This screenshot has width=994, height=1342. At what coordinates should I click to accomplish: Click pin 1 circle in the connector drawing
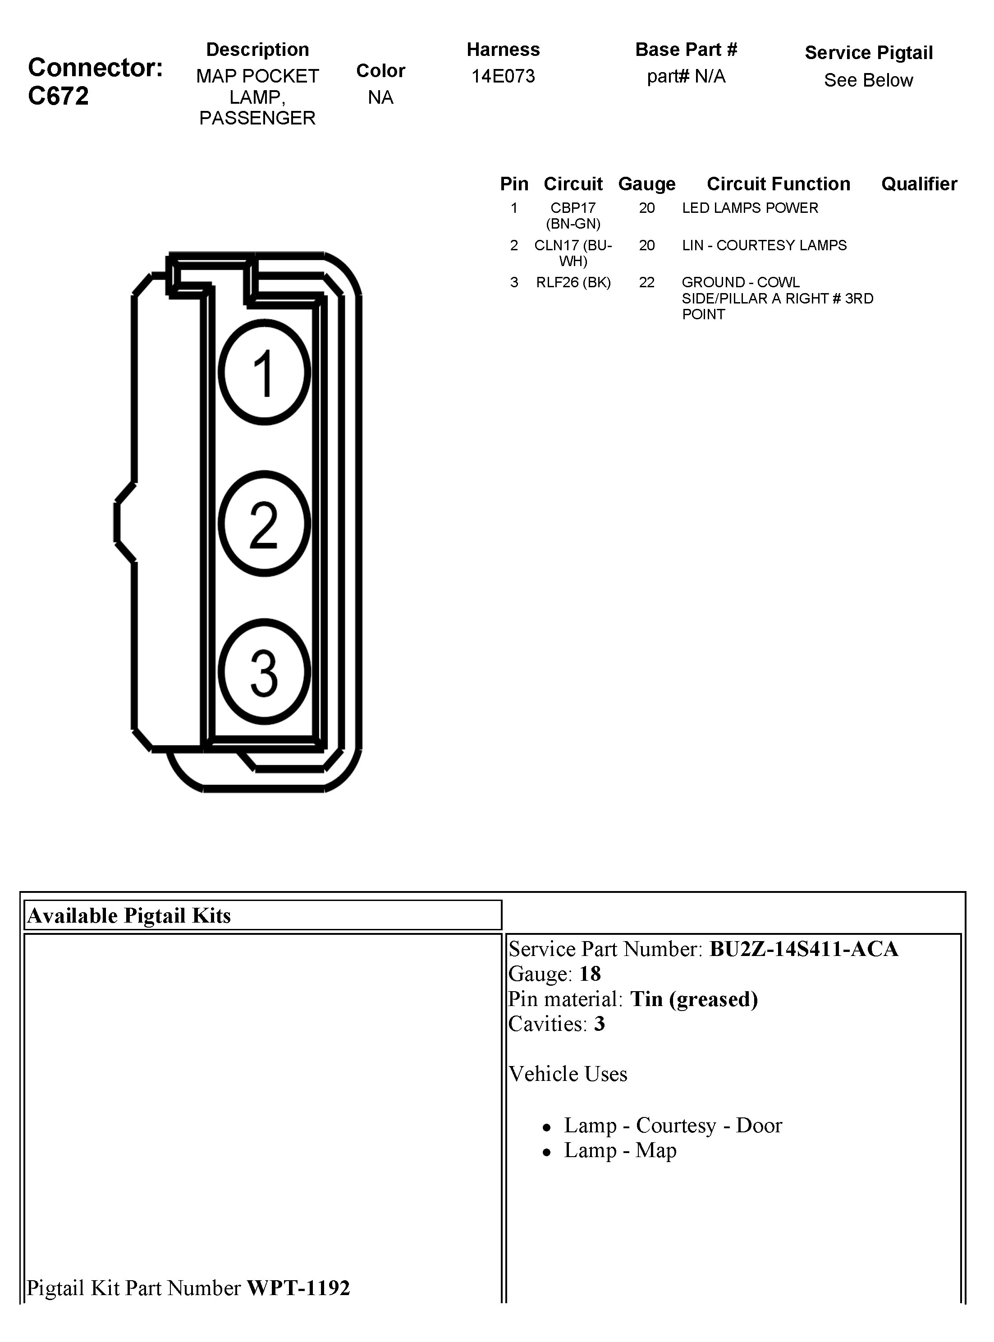point(264,372)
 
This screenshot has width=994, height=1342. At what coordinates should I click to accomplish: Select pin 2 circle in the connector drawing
point(264,523)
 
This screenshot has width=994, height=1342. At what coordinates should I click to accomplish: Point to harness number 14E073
point(503,76)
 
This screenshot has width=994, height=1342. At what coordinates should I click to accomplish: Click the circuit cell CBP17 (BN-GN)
point(573,216)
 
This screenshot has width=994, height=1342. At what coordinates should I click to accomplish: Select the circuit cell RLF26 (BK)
point(573,282)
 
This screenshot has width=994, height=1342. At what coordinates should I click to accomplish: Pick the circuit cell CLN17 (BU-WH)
point(573,253)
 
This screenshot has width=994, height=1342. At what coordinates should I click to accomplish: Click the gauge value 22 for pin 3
point(646,282)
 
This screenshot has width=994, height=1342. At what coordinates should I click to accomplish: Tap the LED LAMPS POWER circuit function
point(750,208)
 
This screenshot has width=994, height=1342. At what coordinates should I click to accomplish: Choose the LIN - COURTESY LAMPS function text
point(764,245)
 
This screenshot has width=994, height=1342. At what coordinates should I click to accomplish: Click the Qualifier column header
point(919,184)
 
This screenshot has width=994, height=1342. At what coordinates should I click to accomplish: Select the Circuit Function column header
point(778,184)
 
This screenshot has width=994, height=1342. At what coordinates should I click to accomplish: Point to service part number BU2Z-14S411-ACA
point(803,949)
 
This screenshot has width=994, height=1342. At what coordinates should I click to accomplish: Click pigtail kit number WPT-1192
point(298,1288)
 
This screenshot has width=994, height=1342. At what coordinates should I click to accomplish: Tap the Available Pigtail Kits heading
point(129,915)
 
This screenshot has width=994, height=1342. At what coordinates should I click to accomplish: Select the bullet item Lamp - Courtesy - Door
point(673,1126)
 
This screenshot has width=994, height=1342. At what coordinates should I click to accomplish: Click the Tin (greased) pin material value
point(694,999)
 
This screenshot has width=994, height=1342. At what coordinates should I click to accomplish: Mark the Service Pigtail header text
point(868,53)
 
